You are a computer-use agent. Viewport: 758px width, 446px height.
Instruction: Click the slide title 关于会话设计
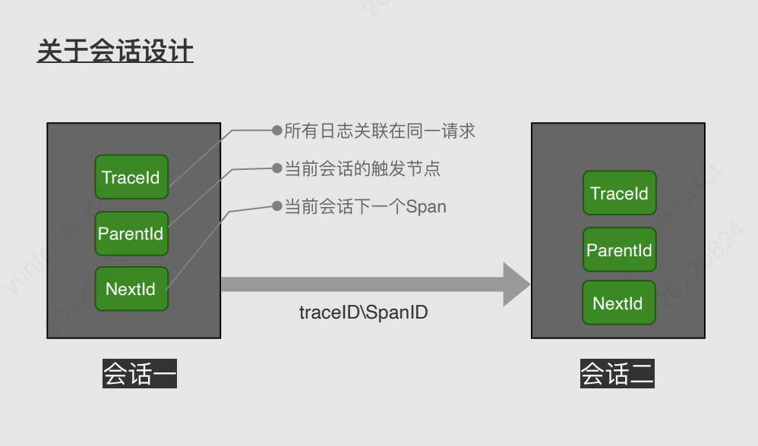pos(115,52)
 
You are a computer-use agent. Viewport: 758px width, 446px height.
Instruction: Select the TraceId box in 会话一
pos(131,177)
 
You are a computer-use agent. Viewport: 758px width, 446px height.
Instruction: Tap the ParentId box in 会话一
pos(131,234)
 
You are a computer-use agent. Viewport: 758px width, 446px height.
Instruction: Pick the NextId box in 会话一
pos(131,289)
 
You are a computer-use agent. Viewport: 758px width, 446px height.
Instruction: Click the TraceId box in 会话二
pos(619,193)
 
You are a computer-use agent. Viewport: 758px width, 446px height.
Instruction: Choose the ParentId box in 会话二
pos(619,250)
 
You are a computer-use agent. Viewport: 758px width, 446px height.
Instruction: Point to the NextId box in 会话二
pos(618,303)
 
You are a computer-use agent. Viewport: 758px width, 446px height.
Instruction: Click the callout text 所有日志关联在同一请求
pos(379,130)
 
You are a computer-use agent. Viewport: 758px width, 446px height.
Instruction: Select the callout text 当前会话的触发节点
pos(362,168)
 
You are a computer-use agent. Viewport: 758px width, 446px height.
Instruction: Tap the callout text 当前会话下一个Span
pos(365,206)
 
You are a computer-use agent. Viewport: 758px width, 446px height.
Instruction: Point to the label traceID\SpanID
pos(363,312)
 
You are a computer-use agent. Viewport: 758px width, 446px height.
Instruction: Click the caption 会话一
pos(140,374)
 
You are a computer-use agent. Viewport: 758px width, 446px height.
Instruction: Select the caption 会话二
pos(617,374)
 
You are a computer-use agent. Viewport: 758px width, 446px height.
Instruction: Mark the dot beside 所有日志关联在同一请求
pos(276,130)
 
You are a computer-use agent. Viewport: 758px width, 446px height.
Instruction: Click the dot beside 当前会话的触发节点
pos(276,168)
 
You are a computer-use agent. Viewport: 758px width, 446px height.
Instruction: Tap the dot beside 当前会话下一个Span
pos(276,206)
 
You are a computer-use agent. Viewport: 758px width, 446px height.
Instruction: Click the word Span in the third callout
pos(426,206)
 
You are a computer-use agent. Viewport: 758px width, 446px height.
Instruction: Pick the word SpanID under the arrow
pos(397,312)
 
